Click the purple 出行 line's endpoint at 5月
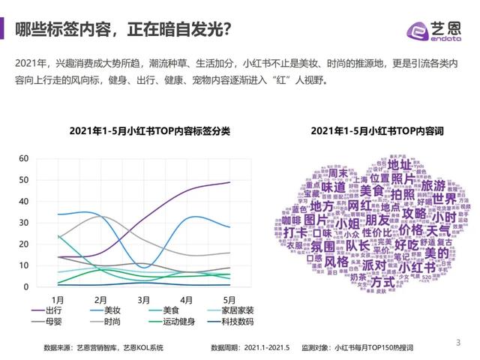point(229,182)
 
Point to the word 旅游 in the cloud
point(433,185)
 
